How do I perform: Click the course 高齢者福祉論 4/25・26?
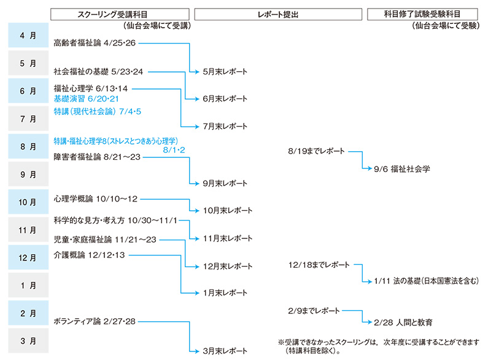pos(95,43)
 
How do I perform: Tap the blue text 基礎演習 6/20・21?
pos(86,98)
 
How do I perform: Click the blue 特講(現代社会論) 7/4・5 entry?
pos(98,112)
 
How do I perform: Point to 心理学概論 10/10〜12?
pos(96,198)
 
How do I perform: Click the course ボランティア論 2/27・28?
pos(95,321)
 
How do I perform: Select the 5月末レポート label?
pos(225,71)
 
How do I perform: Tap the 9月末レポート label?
pos(225,183)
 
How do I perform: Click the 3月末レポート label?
pos(225,351)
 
